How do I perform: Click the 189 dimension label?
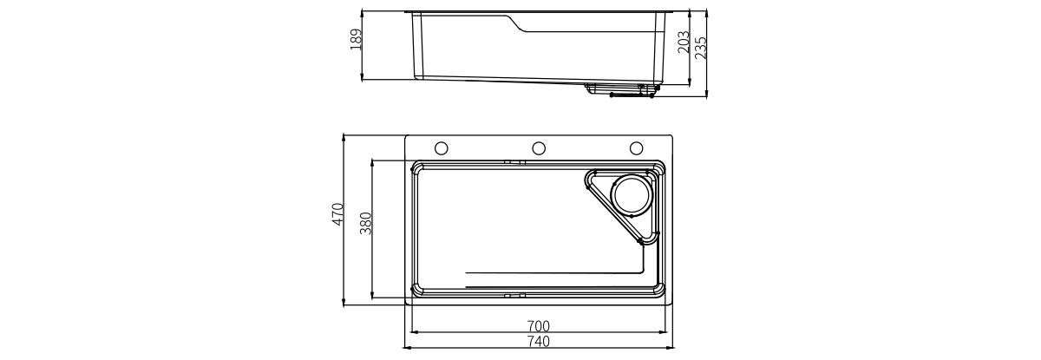click(356, 40)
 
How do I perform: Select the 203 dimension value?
click(684, 43)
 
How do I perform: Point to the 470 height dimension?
click(337, 214)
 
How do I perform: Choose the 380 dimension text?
click(366, 224)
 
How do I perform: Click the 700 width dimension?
click(539, 326)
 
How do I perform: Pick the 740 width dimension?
click(539, 342)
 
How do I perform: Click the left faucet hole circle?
click(441, 148)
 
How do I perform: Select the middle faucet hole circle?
click(539, 148)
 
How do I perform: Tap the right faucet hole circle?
click(636, 148)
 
